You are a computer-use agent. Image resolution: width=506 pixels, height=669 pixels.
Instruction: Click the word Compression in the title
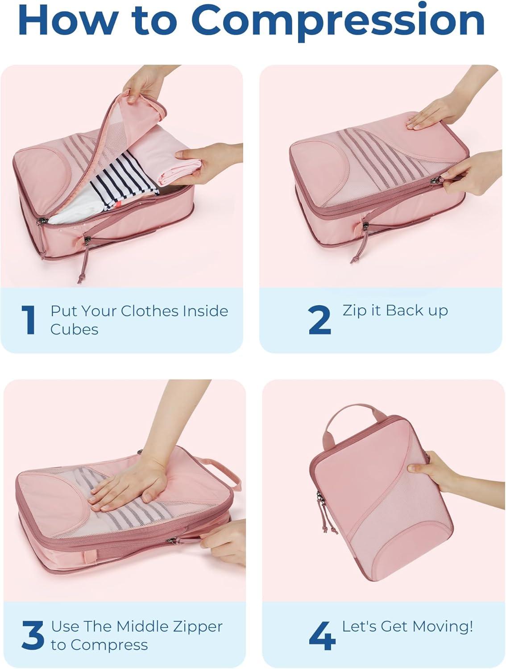[x=338, y=21]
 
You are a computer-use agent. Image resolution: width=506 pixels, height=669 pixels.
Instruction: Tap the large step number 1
[x=29, y=320]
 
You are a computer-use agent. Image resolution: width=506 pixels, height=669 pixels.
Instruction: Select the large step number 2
[x=319, y=320]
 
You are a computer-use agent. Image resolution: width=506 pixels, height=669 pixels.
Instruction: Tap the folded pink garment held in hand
[x=166, y=158]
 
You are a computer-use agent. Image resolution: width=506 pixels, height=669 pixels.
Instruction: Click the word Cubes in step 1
[x=75, y=330]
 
